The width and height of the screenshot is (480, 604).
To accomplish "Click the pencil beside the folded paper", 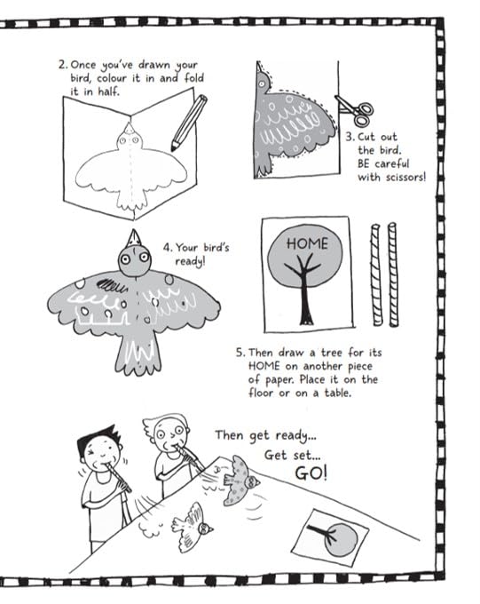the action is (189, 123).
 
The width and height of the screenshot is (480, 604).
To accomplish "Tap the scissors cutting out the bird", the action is (355, 110).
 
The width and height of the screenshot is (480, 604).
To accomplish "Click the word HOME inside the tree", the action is (307, 243).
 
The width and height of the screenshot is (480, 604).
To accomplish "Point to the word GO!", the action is (311, 473).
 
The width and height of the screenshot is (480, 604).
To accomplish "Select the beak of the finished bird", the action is (134, 238).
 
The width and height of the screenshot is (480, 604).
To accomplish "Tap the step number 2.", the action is (63, 64).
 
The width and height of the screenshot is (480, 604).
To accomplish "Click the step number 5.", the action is (240, 353).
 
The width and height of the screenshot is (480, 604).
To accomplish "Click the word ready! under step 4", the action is (190, 261).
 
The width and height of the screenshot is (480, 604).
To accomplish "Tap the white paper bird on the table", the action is (193, 528).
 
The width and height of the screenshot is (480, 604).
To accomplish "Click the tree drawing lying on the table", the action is (330, 537).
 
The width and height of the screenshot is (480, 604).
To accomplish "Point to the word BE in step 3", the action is (364, 163).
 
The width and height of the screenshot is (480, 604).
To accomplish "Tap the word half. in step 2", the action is (108, 91).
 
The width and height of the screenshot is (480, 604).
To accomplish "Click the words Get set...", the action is (292, 455).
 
